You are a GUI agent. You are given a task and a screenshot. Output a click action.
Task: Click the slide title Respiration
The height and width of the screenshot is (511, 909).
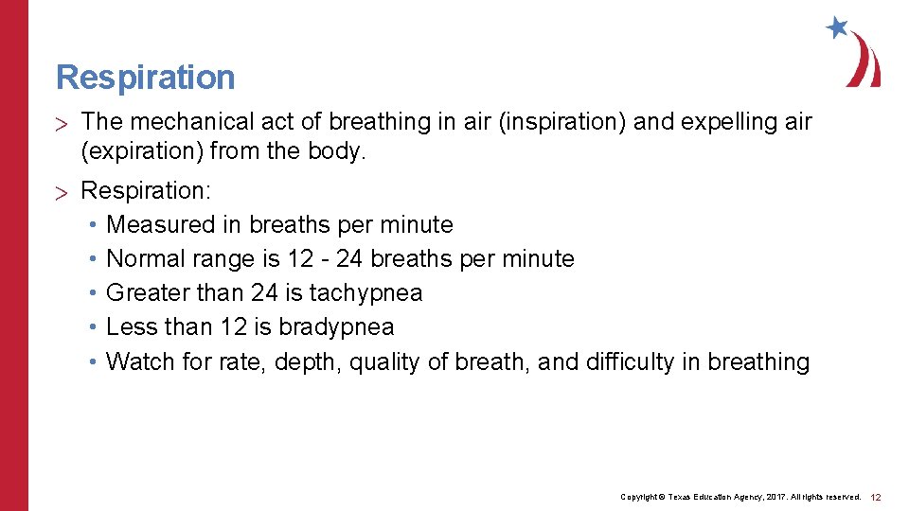pyautogui.click(x=145, y=78)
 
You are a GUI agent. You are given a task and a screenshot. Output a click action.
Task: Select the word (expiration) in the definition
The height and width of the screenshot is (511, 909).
pyautogui.click(x=142, y=151)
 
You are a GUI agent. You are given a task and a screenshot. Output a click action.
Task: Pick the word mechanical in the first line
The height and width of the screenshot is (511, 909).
pyautogui.click(x=180, y=122)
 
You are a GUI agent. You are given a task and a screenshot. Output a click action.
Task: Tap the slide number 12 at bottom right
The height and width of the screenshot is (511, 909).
pyautogui.click(x=876, y=497)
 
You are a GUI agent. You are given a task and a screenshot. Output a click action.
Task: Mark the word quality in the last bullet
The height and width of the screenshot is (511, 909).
pyautogui.click(x=384, y=361)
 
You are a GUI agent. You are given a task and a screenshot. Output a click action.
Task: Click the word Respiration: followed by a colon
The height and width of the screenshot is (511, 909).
pyautogui.click(x=146, y=191)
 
